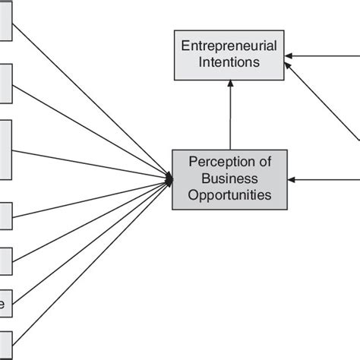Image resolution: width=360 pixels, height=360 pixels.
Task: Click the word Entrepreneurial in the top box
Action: click(x=229, y=47)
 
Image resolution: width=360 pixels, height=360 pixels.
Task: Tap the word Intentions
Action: click(x=229, y=63)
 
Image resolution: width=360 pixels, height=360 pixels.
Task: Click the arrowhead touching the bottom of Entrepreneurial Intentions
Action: click(x=230, y=85)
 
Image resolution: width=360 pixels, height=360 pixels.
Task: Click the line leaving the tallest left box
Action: click(x=91, y=164)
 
